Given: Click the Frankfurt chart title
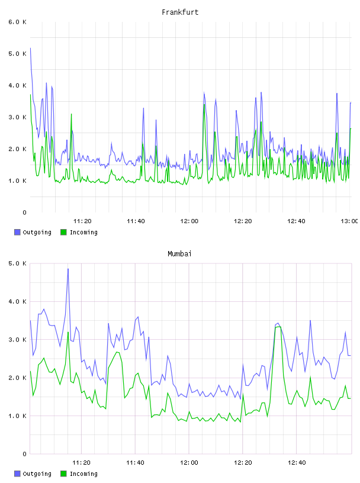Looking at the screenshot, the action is click(x=180, y=12).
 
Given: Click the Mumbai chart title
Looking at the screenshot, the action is click(x=179, y=254).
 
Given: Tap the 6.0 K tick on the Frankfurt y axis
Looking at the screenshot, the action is click(x=17, y=22).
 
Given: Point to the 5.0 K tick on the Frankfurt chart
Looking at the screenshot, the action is click(x=17, y=54).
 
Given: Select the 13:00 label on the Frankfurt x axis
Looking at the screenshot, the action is click(x=349, y=221).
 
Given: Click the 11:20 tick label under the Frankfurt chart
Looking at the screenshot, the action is click(x=82, y=221).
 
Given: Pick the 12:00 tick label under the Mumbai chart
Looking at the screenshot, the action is click(x=189, y=462).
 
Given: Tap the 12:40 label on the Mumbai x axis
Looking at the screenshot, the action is click(x=297, y=462).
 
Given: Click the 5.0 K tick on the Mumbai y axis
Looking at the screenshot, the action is click(x=17, y=263).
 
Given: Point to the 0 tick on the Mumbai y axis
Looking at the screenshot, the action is click(x=24, y=454).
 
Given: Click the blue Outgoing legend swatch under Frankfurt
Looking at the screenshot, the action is click(x=17, y=232).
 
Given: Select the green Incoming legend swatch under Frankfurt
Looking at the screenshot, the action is click(x=63, y=232).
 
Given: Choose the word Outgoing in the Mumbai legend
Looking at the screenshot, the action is click(x=37, y=474).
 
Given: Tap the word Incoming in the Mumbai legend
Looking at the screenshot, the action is click(x=83, y=474).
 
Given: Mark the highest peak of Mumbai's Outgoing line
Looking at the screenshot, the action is click(x=68, y=269).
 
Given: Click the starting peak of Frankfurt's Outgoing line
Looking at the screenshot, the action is click(x=30, y=48).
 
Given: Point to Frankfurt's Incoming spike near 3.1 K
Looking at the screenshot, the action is click(x=71, y=114).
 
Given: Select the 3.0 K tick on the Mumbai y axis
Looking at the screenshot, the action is click(x=17, y=339).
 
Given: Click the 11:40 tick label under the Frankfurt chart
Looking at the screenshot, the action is click(x=136, y=221).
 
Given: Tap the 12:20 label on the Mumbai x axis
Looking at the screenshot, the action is click(x=243, y=462).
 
